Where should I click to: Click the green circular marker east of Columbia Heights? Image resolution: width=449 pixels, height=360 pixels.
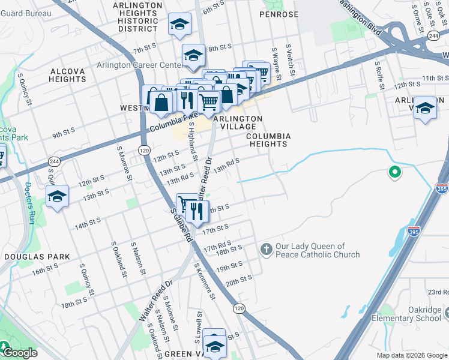394,173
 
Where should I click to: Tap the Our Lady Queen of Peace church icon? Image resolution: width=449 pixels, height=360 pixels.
266,248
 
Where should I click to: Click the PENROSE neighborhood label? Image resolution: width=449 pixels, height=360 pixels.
279,13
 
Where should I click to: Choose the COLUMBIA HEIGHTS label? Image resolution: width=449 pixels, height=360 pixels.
269,140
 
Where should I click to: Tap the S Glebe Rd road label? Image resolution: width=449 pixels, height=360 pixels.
180,225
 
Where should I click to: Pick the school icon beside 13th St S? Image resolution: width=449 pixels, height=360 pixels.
58,196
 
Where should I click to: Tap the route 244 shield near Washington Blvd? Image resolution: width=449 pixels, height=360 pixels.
433,37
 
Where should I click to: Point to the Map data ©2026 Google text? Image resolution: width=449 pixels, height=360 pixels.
411,355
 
